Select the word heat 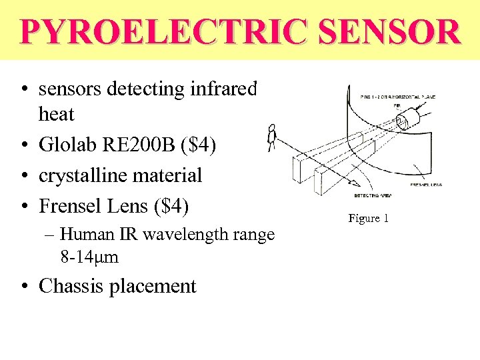57,114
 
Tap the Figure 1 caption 368,218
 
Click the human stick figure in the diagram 271,137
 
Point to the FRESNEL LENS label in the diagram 427,184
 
